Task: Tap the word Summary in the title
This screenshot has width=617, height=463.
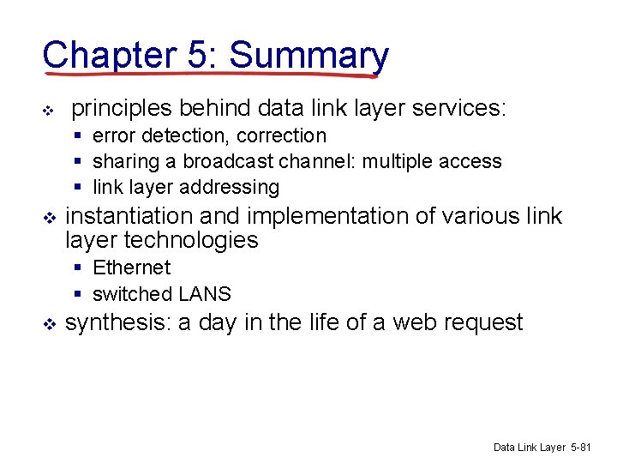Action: coord(309,55)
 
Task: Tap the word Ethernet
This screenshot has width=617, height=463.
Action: coord(131,268)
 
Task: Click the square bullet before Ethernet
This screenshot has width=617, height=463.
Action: coord(78,268)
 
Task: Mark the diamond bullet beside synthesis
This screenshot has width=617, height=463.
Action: coord(48,324)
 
